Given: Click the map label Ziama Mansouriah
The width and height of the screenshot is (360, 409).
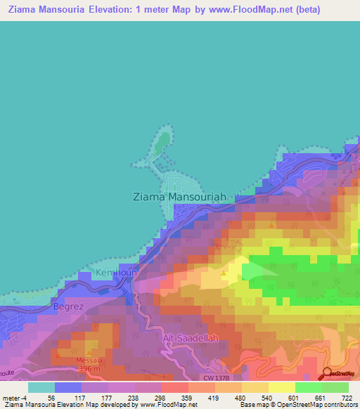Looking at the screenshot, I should click(x=179, y=197).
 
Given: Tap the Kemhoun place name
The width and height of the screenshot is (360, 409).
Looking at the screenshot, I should click(x=115, y=273).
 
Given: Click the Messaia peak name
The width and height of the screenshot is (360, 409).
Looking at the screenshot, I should click(x=84, y=361).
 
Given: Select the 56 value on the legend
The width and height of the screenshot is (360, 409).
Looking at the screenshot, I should click(x=51, y=398).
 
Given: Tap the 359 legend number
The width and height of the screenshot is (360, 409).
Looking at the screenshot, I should click(x=188, y=398).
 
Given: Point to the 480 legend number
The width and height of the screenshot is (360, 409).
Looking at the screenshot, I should click(x=241, y=398).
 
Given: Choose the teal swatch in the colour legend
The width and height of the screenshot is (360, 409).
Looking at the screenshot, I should click(x=41, y=387).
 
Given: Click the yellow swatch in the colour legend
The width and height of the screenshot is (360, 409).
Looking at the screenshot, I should click(x=281, y=387).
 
